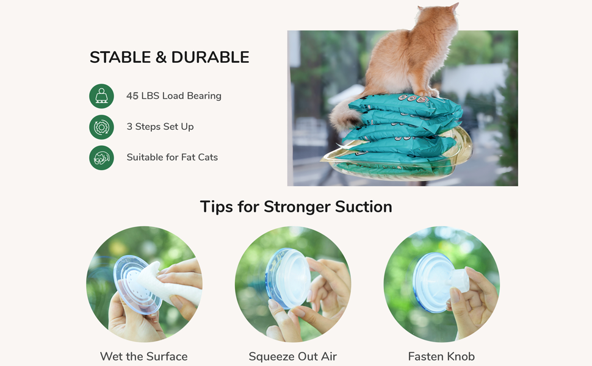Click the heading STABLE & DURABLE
click(169, 57)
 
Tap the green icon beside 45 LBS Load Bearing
click(101, 96)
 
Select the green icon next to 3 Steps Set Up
click(101, 127)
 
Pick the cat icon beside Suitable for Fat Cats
click(101, 157)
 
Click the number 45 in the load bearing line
click(132, 96)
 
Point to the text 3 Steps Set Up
click(160, 127)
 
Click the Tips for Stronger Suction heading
click(296, 207)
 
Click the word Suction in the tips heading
click(363, 207)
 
